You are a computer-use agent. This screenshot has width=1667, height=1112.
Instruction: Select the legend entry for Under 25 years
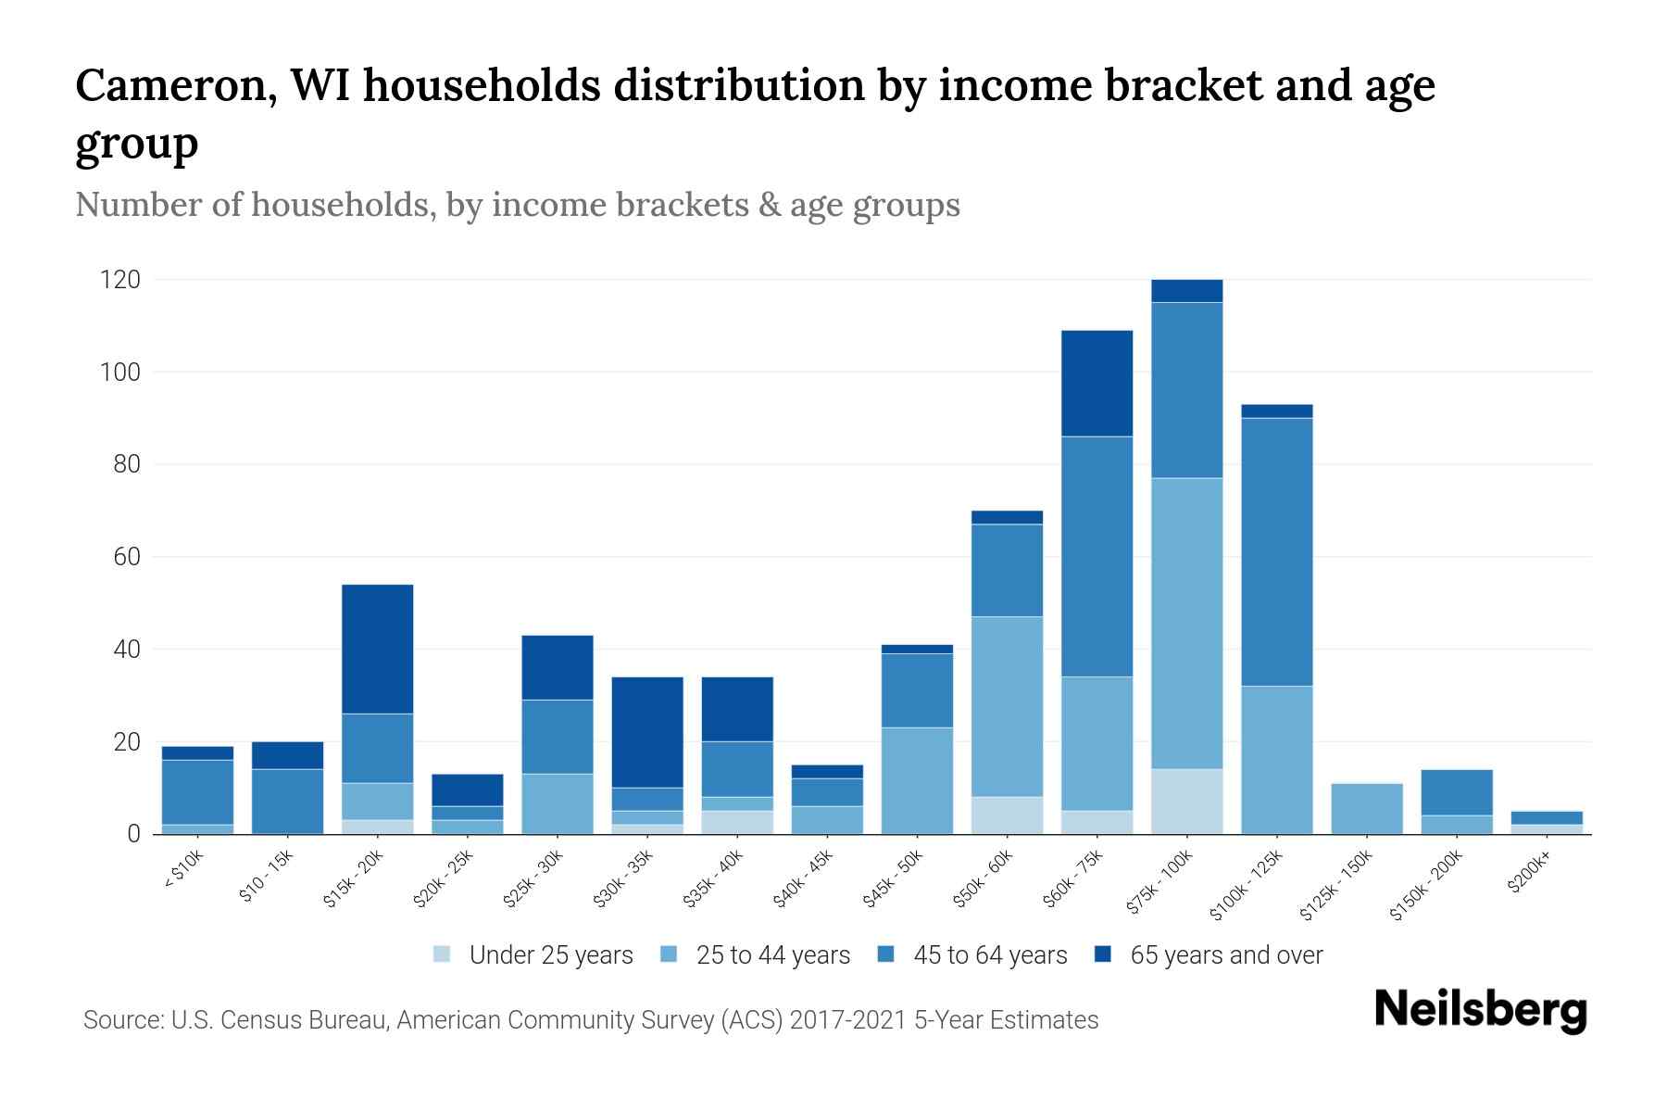(x=551, y=955)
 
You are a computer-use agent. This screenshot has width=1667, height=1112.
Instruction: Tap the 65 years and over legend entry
(x=1225, y=955)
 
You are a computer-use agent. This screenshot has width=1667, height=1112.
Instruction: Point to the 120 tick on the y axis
(x=120, y=280)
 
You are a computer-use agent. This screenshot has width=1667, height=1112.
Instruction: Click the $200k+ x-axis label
(x=1529, y=874)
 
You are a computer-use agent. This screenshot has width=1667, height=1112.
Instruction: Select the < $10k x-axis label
(x=183, y=874)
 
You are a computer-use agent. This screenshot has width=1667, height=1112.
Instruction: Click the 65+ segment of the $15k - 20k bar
(x=378, y=649)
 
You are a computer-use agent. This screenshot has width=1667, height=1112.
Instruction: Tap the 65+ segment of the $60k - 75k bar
(x=1097, y=383)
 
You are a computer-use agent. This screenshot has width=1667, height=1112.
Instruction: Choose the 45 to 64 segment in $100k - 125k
(x=1276, y=551)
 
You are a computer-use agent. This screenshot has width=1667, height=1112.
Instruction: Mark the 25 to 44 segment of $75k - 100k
(x=1186, y=623)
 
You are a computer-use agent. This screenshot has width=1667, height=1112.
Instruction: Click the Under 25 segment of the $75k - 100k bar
(x=1186, y=802)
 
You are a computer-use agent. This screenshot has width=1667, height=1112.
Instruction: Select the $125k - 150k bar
(x=1366, y=809)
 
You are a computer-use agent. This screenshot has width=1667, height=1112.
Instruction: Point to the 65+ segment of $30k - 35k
(x=647, y=732)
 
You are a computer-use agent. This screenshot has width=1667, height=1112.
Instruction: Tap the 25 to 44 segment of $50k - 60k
(x=1007, y=706)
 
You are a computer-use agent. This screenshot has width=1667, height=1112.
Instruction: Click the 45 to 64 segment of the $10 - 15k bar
(x=288, y=801)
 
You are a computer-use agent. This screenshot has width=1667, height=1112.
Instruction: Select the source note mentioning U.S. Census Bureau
(x=591, y=1020)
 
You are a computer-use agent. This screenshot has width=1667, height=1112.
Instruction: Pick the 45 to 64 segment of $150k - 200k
(x=1456, y=792)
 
